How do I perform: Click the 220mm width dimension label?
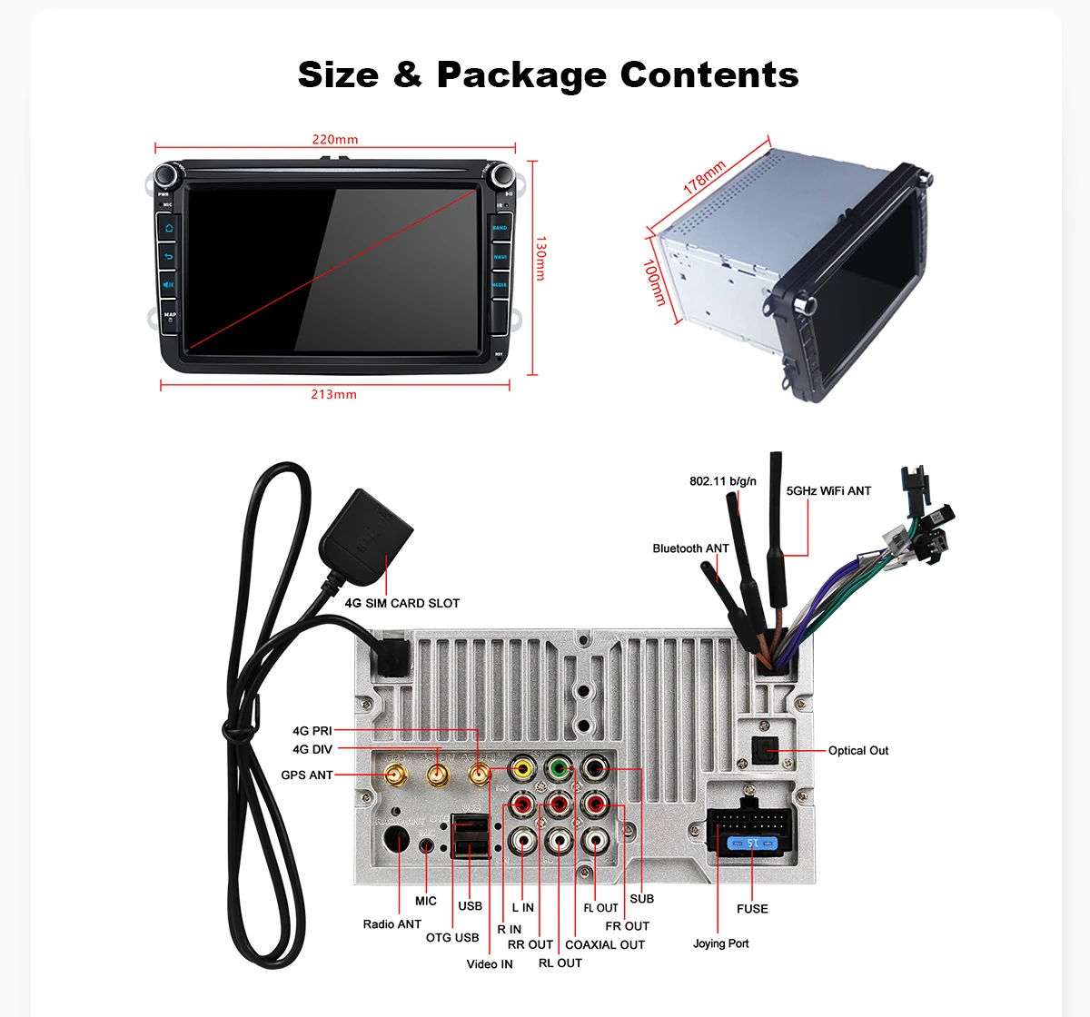click(335, 140)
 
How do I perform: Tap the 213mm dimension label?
click(333, 394)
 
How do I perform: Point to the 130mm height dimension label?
click(540, 259)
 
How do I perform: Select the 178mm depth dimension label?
click(705, 177)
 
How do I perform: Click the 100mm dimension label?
click(654, 282)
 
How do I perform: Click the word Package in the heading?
click(522, 74)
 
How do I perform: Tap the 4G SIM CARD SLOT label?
click(401, 603)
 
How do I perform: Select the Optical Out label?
click(857, 751)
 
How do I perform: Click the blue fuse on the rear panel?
click(752, 844)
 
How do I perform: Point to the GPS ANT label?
click(307, 775)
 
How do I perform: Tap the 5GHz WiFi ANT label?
click(828, 491)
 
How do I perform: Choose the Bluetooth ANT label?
click(690, 548)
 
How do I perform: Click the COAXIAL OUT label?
click(605, 944)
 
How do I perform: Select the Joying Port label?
click(721, 943)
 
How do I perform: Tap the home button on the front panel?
click(169, 228)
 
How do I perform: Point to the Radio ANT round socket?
click(396, 841)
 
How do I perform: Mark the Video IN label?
click(490, 964)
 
